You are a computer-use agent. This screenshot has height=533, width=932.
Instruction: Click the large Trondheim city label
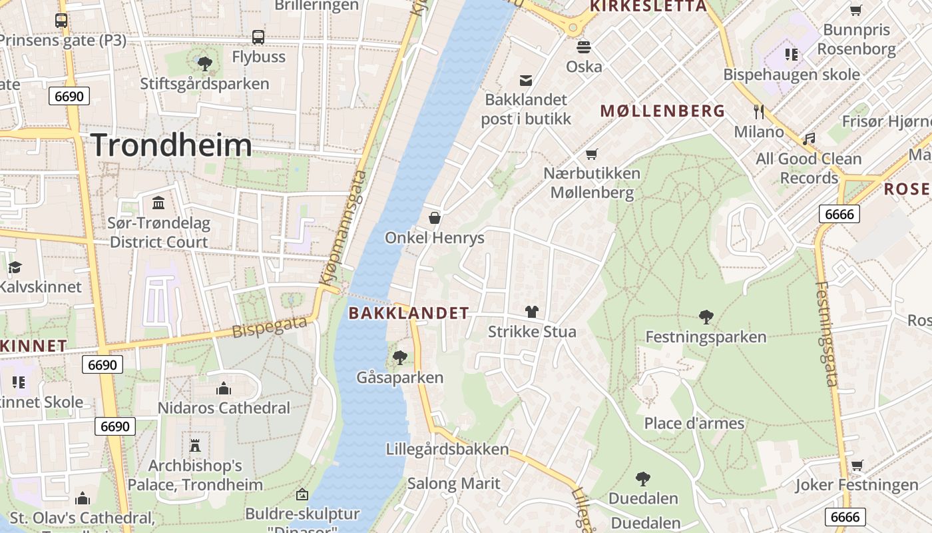coord(171,145)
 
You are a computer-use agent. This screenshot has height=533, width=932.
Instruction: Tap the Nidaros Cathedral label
coord(224,408)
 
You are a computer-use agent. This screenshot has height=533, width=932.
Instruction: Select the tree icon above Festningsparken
coord(706,317)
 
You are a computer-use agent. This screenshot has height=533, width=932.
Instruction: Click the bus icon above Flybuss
coord(258,37)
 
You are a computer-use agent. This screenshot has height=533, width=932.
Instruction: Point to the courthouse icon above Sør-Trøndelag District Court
coord(159,203)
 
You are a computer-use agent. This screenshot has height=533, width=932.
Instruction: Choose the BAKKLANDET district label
coord(409,312)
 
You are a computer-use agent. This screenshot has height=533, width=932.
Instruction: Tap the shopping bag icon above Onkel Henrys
coord(435,218)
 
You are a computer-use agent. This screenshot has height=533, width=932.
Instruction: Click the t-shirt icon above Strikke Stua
coord(532,311)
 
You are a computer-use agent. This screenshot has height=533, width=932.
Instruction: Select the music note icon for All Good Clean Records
coord(809,139)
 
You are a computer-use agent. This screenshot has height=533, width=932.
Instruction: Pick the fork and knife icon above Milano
coord(758,111)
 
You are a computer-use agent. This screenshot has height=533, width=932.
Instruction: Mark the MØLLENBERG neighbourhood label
coord(662,111)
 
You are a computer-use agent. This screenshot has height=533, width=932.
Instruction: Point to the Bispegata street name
coord(270,327)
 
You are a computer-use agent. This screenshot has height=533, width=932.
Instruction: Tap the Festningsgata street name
coord(825,334)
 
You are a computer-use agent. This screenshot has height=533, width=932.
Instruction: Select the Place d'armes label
coord(694,423)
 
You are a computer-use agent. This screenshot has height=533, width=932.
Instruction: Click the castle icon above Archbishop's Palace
coord(195,445)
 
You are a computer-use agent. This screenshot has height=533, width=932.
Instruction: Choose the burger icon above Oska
coord(584,47)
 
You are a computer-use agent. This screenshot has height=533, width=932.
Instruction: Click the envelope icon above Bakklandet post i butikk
coord(526,81)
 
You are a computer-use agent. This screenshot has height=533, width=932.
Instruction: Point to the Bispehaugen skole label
coord(792,74)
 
